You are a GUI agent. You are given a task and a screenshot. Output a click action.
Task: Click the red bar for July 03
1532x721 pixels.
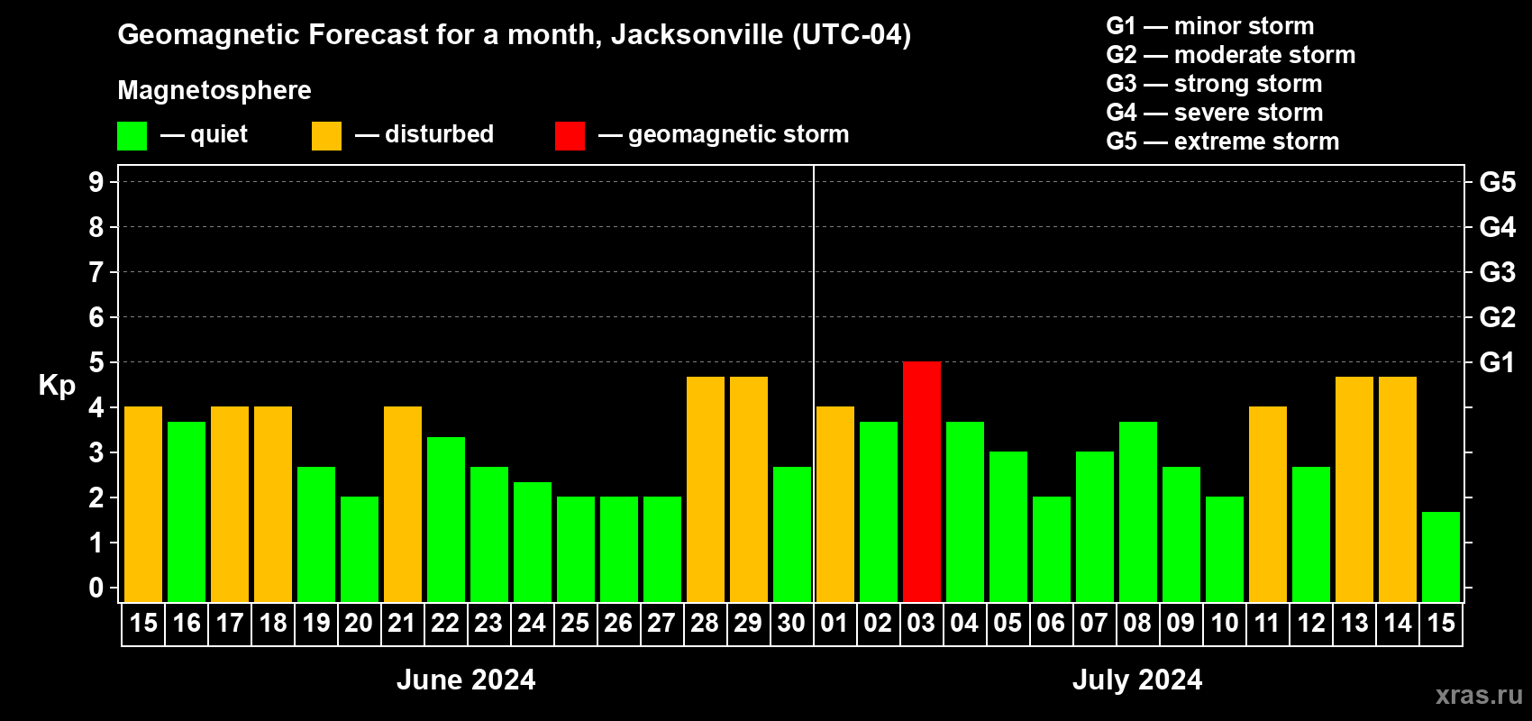pyautogui.click(x=921, y=482)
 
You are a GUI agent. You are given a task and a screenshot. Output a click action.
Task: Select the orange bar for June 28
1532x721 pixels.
pyautogui.click(x=705, y=489)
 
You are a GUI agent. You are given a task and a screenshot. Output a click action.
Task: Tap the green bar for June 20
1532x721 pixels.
pyautogui.click(x=359, y=549)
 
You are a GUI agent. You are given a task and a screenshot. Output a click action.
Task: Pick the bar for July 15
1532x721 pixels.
pyautogui.click(x=1440, y=557)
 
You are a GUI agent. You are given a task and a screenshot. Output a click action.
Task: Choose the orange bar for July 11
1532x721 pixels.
pyautogui.click(x=1267, y=505)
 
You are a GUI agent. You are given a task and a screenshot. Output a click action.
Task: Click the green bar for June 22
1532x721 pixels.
pyautogui.click(x=445, y=519)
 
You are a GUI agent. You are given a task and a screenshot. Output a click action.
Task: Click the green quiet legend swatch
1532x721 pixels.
pyautogui.click(x=132, y=136)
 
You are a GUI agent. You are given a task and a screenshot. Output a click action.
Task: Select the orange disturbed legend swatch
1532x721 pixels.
pyautogui.click(x=326, y=136)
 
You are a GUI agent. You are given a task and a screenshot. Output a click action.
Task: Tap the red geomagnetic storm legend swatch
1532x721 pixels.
pyautogui.click(x=570, y=136)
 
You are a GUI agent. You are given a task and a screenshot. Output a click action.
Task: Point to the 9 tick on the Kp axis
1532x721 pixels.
pyautogui.click(x=96, y=182)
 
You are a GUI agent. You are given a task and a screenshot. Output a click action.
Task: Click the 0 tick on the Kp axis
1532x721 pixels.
pyautogui.click(x=96, y=588)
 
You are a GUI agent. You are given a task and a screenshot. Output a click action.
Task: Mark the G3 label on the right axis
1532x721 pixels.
pyautogui.click(x=1497, y=272)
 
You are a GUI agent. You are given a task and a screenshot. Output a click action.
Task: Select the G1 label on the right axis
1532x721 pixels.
pyautogui.click(x=1497, y=362)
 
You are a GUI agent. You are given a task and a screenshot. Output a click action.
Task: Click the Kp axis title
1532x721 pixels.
pyautogui.click(x=57, y=385)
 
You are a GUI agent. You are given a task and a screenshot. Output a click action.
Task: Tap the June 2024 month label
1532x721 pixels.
pyautogui.click(x=466, y=680)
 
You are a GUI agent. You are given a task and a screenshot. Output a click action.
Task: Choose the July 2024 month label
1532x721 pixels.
pyautogui.click(x=1136, y=680)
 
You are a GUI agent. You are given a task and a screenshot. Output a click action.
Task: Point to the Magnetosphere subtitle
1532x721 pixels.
pyautogui.click(x=214, y=90)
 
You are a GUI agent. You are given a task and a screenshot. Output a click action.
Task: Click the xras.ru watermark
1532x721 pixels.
pyautogui.click(x=1478, y=695)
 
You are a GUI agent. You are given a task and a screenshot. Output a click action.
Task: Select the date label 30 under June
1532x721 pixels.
pyautogui.click(x=791, y=624)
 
